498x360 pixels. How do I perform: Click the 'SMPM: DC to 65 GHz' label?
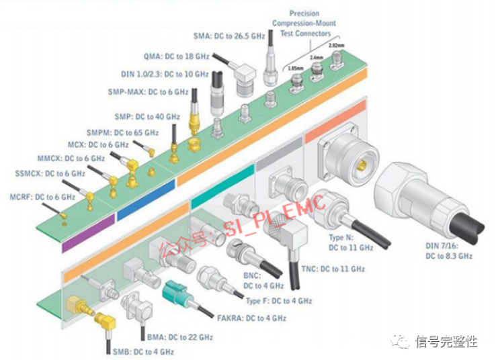coord(122,133)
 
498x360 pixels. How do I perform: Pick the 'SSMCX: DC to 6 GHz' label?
coord(50,173)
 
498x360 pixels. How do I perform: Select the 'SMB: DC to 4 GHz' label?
coord(143,351)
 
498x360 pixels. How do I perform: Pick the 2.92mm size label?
coord(337,46)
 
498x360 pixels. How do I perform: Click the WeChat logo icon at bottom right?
coord(401,342)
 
